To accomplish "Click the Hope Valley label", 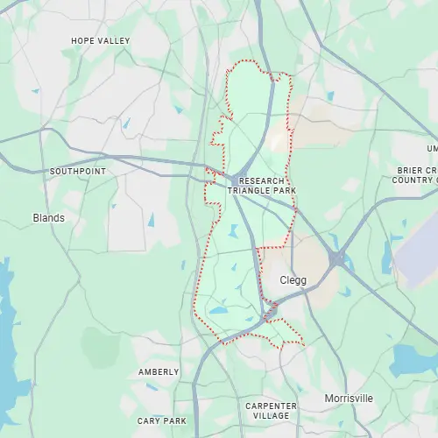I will (100, 41).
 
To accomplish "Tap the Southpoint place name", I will (77, 171).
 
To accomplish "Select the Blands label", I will (48, 217).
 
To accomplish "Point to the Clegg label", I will (293, 280).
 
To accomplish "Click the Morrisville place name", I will (348, 399).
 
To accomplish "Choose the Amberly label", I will (158, 372).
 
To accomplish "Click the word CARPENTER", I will (272, 406).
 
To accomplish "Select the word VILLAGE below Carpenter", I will (272, 417).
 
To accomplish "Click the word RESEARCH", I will (261, 180).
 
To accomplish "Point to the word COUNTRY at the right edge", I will (414, 180).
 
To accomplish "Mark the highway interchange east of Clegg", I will (337, 259).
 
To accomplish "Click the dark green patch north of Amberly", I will (101, 346).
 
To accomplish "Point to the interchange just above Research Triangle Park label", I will (244, 161).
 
